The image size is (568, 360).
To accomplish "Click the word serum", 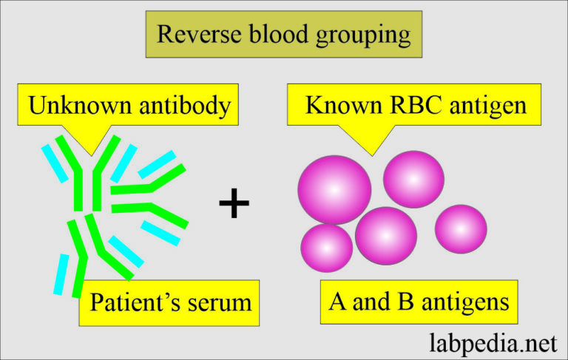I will click(x=217, y=303).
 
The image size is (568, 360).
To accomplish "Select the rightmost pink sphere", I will click(x=461, y=228).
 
